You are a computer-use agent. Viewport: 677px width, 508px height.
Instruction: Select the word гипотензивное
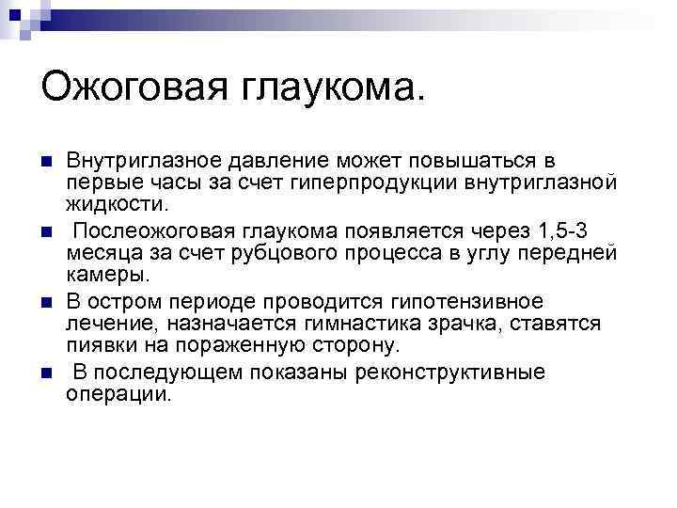(x=464, y=302)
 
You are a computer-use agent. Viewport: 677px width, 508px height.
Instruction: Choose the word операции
(x=119, y=394)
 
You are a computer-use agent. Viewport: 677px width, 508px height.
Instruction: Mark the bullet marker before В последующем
(x=48, y=373)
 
